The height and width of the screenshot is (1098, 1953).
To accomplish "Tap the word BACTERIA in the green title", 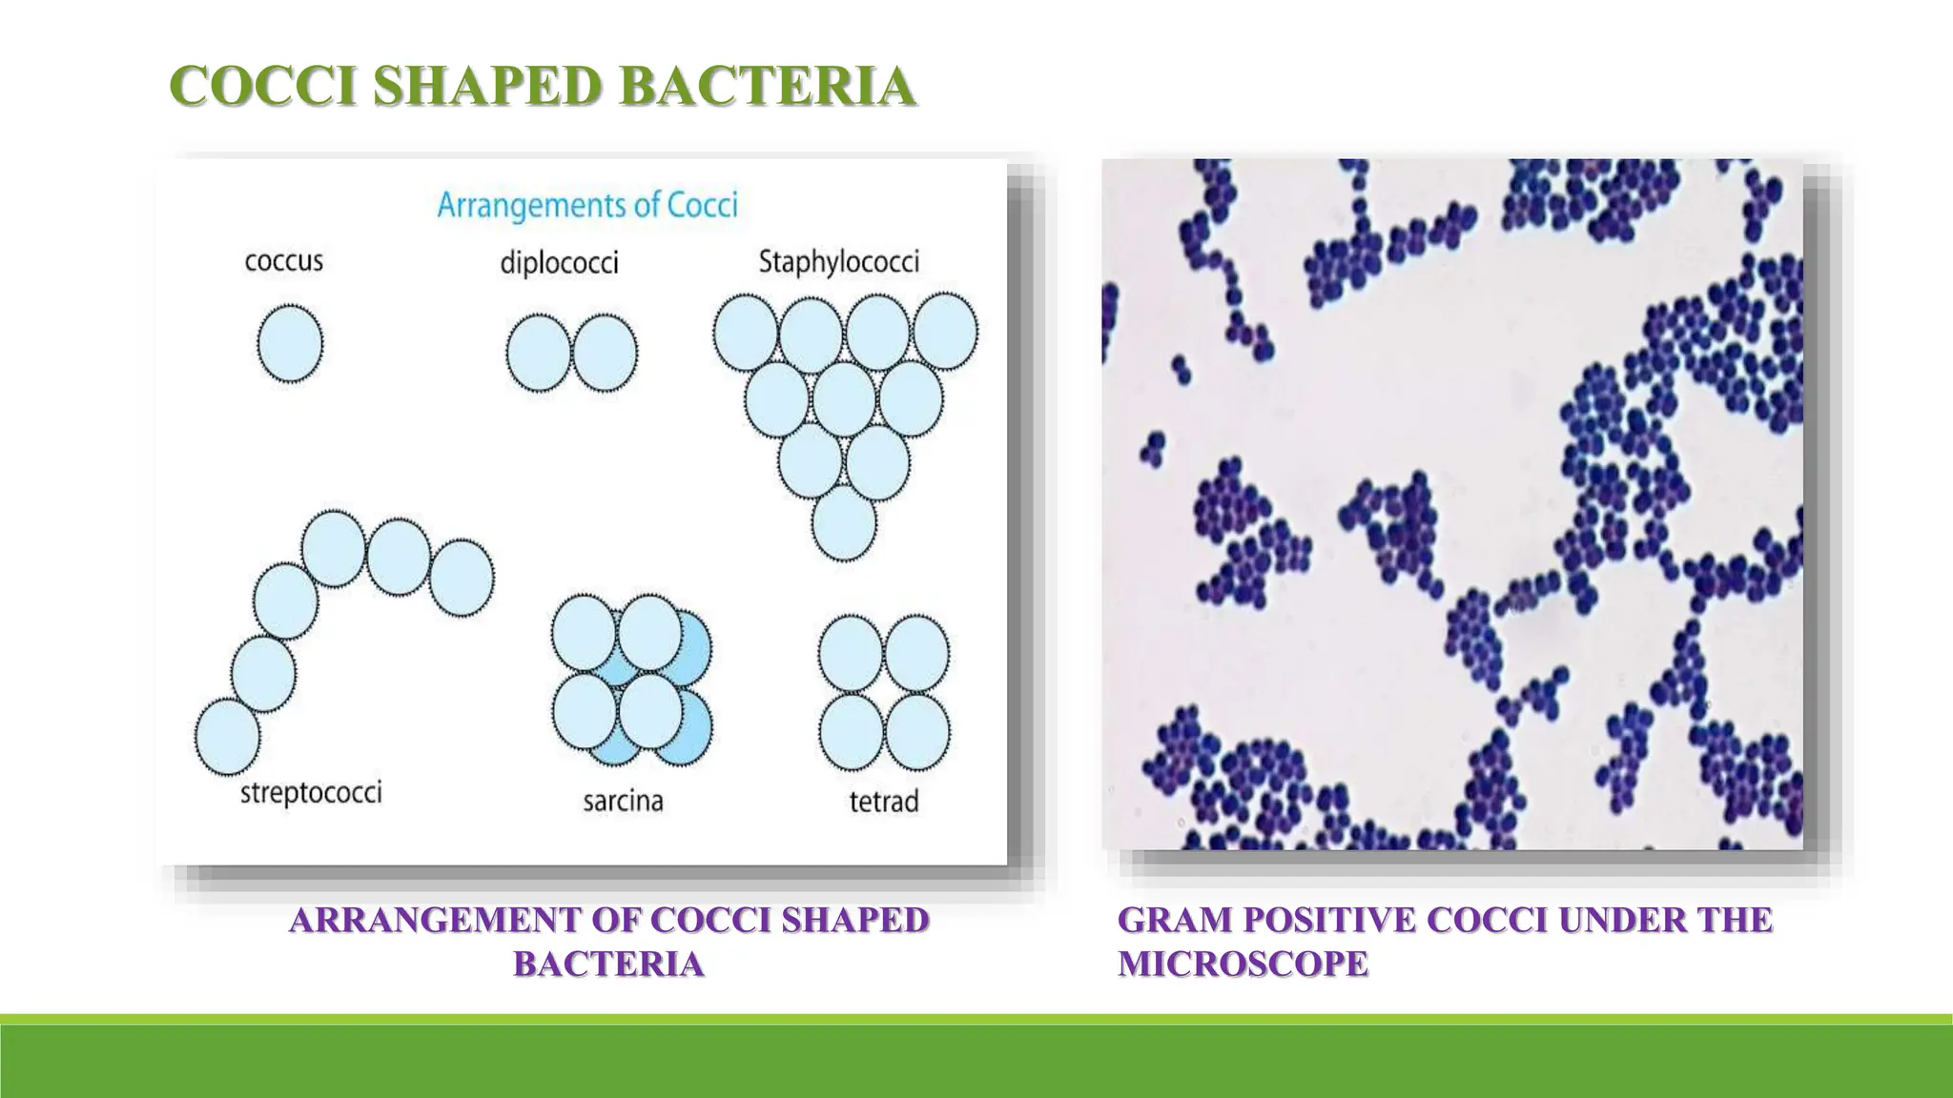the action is (x=767, y=86).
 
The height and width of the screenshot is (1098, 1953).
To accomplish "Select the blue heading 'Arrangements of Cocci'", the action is (x=587, y=206).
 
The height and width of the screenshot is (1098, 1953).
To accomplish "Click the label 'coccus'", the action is (x=283, y=260).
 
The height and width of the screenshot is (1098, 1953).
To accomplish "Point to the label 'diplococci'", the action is (x=559, y=263).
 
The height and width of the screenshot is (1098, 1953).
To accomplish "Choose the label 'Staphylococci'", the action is (x=839, y=262).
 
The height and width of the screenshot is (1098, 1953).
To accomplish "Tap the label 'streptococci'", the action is (x=311, y=793).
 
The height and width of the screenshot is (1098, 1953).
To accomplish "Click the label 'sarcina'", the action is (x=623, y=801).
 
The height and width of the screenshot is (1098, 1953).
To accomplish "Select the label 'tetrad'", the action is (x=884, y=801).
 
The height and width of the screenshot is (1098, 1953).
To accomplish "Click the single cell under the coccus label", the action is (x=290, y=343).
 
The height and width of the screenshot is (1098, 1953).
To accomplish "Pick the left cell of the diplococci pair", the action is (x=539, y=353).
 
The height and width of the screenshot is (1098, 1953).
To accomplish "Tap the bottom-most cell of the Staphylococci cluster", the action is (x=844, y=523).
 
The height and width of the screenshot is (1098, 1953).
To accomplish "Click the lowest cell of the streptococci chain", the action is (x=227, y=737).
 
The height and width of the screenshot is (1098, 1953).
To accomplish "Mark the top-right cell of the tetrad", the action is (x=916, y=654).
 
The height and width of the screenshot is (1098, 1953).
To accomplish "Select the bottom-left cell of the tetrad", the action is (x=852, y=732).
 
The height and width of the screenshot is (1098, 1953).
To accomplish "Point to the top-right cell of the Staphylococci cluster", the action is (x=945, y=332).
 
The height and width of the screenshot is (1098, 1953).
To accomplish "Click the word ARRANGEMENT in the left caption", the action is (x=435, y=920).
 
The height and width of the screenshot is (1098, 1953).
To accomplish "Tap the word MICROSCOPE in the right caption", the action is (x=1243, y=964).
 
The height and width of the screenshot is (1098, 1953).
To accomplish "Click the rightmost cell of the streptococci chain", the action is (x=462, y=578).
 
